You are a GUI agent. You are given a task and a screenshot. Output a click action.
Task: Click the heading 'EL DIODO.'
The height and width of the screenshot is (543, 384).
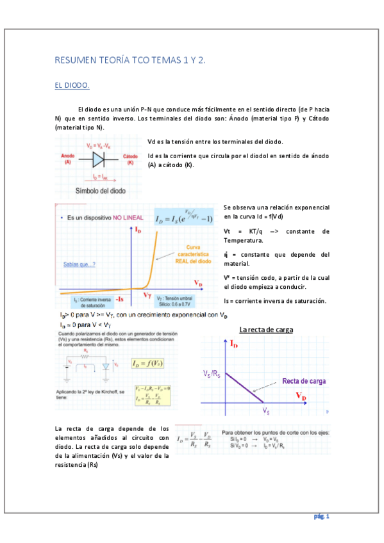click(x=72, y=85)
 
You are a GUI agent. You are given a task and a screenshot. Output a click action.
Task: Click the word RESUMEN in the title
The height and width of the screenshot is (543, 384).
click(x=75, y=60)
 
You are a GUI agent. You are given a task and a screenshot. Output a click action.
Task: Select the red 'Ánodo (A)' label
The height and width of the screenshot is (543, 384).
click(x=69, y=159)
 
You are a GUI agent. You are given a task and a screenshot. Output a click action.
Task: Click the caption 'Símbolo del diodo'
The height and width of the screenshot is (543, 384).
click(x=101, y=191)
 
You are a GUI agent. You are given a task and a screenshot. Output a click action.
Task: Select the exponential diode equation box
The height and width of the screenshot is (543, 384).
click(x=183, y=219)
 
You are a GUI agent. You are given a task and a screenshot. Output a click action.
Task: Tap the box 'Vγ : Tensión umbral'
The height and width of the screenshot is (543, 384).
click(x=178, y=300)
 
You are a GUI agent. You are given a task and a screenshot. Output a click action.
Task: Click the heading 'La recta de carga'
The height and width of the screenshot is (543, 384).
click(x=266, y=330)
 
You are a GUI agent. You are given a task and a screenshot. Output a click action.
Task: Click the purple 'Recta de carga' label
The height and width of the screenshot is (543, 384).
click(x=304, y=381)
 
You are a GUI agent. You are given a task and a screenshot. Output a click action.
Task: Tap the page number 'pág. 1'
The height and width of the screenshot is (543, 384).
click(x=321, y=515)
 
